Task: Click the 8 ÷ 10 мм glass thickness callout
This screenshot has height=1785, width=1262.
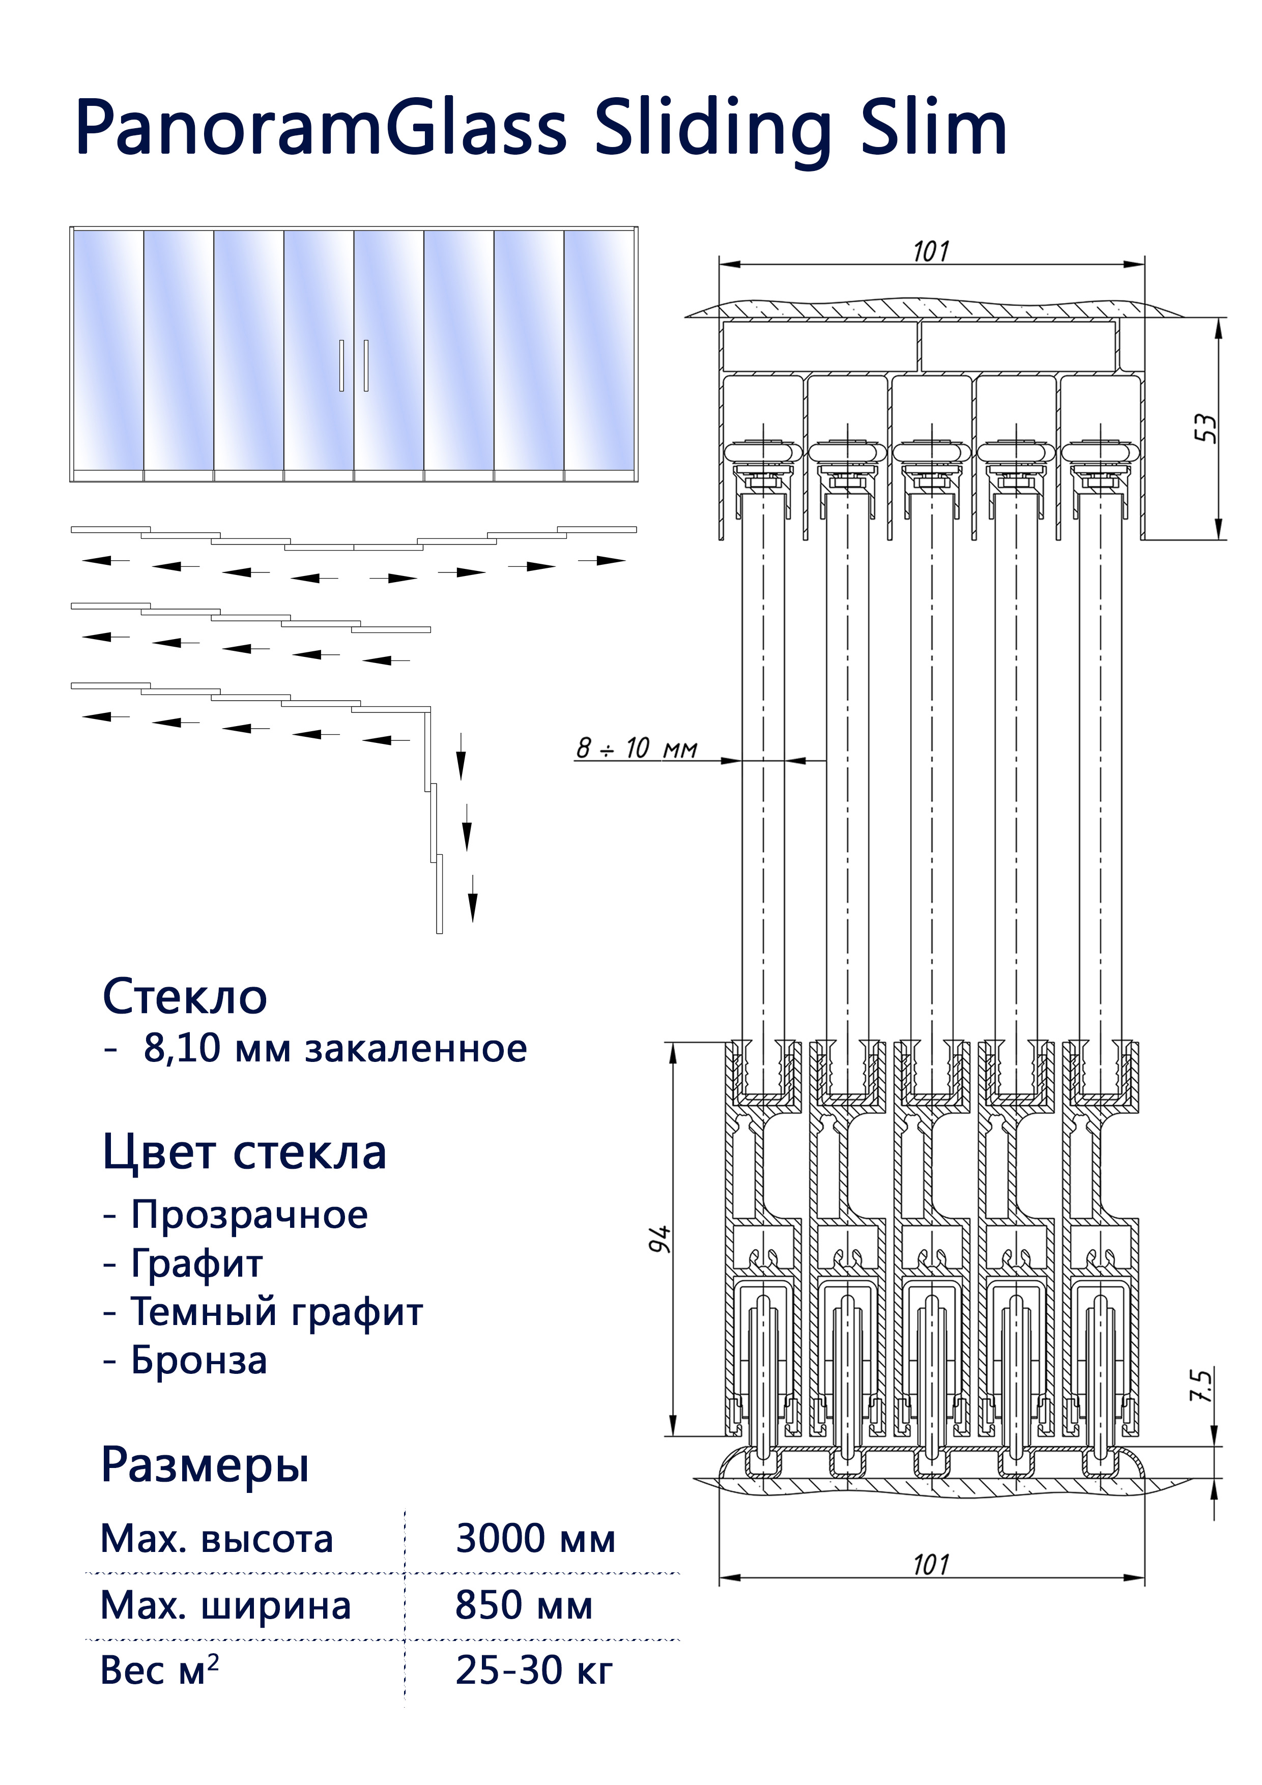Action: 636,748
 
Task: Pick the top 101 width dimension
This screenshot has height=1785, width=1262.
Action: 931,252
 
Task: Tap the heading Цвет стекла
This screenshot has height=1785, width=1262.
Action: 244,1153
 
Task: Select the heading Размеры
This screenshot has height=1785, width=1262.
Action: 205,1465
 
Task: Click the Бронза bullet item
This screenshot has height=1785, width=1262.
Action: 198,1361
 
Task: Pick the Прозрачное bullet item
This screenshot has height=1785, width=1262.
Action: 249,1215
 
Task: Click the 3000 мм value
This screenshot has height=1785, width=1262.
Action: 535,1539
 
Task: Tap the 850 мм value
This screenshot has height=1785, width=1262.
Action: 523,1605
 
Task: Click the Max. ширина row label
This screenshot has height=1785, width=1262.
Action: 225,1605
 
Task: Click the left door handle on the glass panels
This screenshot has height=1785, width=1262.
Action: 341,365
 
